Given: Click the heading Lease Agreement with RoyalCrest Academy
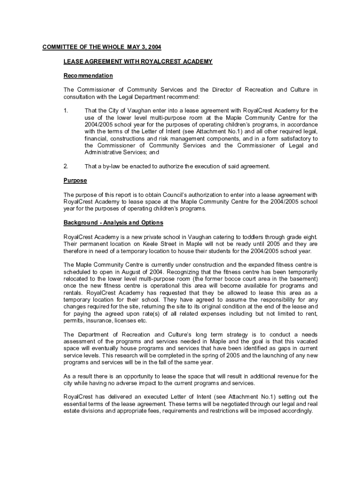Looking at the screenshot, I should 138,61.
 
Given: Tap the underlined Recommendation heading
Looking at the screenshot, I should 88,75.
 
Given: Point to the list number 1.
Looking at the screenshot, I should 66,111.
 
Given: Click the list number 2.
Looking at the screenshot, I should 66,166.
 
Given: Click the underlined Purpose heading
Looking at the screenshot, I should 75,181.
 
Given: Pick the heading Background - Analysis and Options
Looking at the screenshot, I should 113,222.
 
